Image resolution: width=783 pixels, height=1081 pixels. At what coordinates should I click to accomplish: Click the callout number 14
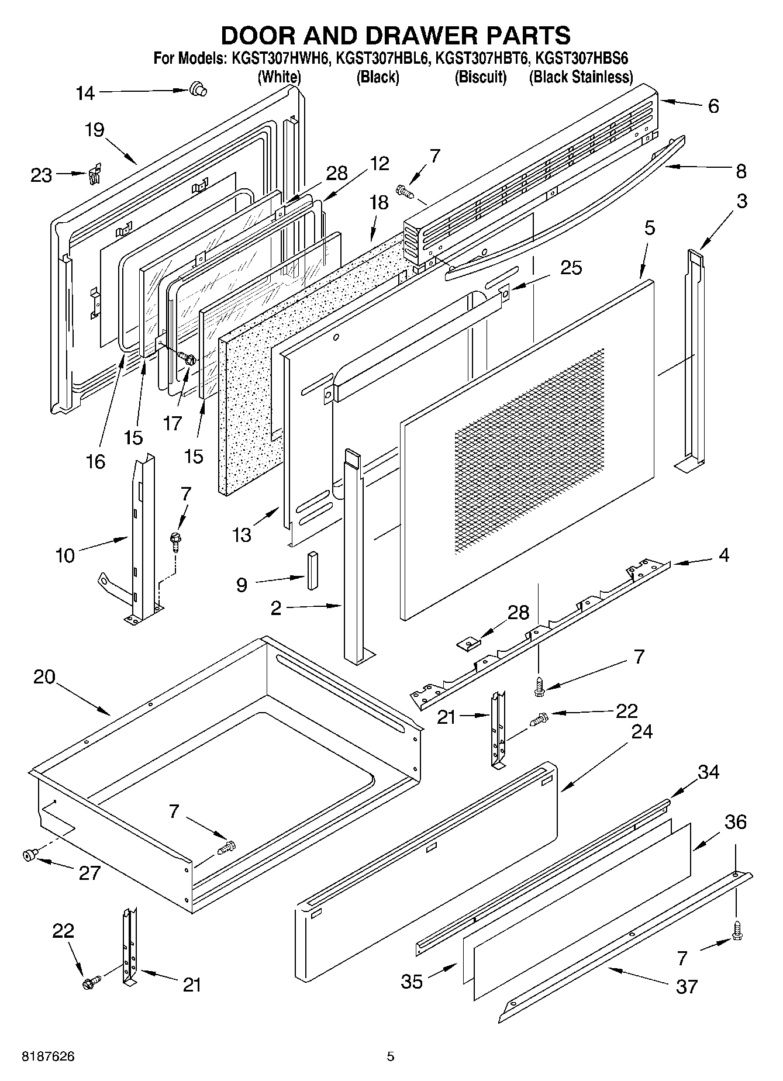coord(85,93)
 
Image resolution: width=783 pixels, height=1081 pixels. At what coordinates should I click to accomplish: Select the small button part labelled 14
coord(198,89)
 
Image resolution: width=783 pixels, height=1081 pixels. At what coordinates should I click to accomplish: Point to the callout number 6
coord(713,106)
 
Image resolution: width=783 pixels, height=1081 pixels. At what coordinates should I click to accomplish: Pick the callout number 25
coord(571,268)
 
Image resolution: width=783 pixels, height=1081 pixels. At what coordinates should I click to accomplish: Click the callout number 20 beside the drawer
coord(44,676)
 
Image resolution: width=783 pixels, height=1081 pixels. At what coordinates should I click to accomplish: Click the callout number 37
coord(687,987)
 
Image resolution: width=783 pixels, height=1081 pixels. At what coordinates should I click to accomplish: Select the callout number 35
coord(412,982)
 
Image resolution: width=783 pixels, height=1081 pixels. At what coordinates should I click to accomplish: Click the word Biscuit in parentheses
coord(481,77)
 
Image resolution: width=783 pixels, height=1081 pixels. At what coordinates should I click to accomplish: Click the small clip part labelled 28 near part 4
coord(469,644)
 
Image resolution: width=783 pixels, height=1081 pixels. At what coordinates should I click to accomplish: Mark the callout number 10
coord(65,555)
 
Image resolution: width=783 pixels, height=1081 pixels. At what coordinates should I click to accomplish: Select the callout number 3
coord(741,201)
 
